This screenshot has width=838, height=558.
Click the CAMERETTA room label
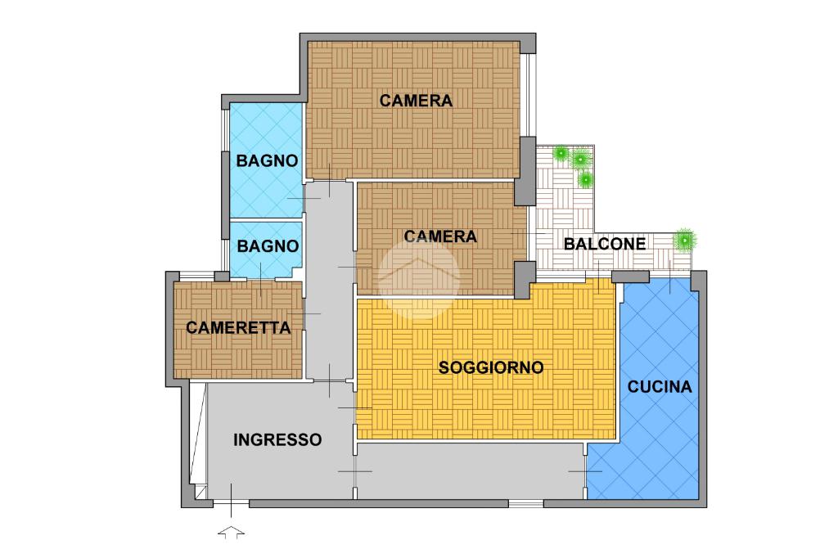pos(238,327)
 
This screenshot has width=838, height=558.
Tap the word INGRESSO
pos(277,440)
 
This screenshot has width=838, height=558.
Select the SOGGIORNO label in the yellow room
pos(491,367)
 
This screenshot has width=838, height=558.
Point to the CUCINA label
pos(659,386)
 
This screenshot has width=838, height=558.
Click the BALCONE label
pos(605,244)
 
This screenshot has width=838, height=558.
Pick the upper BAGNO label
pos(267,160)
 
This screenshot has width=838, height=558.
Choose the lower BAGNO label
pos(268,245)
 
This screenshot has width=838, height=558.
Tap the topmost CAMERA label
pos(416,100)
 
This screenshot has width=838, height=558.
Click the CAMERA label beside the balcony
pos(439,236)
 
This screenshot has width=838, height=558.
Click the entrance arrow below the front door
pos(232,533)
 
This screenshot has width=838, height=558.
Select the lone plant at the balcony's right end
pos(685,240)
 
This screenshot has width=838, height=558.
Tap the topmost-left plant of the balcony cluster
pos(561,153)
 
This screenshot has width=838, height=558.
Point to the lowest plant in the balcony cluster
pos(586,178)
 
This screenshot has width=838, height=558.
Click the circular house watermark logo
pos(419,278)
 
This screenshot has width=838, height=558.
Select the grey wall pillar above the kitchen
pos(630,277)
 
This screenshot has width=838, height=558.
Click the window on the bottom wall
pos(526,503)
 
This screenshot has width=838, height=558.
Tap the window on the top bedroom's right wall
pos(529,95)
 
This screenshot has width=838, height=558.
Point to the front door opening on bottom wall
pos(231,503)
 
